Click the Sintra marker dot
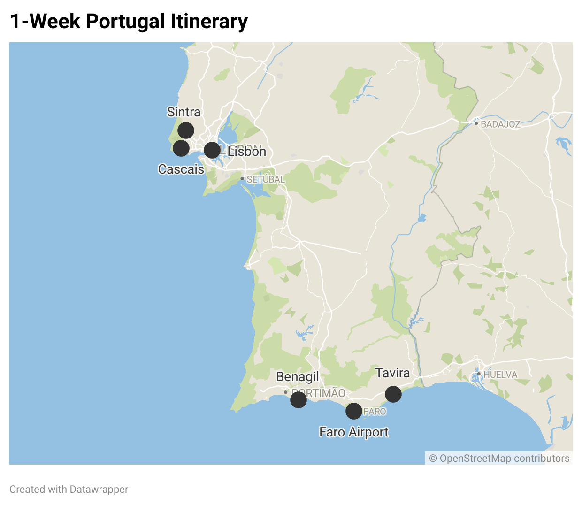point(186,130)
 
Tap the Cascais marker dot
point(181,148)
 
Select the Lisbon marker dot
point(212,150)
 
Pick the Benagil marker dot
point(299,400)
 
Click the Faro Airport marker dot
point(354,411)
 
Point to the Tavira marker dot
point(393,394)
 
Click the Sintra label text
point(184,112)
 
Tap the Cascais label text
point(181,169)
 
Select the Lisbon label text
point(247,152)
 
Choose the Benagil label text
point(298,377)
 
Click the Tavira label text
point(393,373)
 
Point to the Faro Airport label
point(354,432)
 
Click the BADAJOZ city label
point(500,124)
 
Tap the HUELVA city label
point(500,375)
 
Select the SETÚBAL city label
point(266,180)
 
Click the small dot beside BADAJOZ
point(476,123)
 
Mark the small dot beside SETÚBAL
point(242,179)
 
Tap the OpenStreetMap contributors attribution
point(499,459)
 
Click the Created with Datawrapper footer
point(69,490)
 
